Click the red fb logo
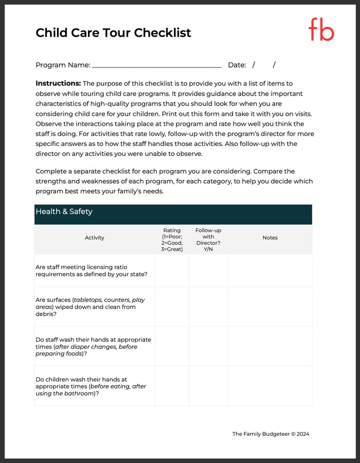coord(321,30)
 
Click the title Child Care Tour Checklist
coord(113,33)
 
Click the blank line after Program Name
coord(156,65)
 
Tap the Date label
coord(237,65)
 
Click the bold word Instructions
coord(58,83)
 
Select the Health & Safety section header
coord(64,212)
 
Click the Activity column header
coord(94,238)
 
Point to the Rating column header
coord(172,240)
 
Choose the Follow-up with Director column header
coord(208,240)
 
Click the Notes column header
coord(270,238)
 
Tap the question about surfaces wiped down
coord(90,307)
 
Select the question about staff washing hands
coord(93,347)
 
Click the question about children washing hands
coord(91,386)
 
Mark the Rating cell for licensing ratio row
coord(172,271)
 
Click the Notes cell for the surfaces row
coord(270,307)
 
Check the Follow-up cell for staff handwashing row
coord(208,347)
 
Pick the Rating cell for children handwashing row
coord(172,386)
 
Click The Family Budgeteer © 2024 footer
coord(271,434)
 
